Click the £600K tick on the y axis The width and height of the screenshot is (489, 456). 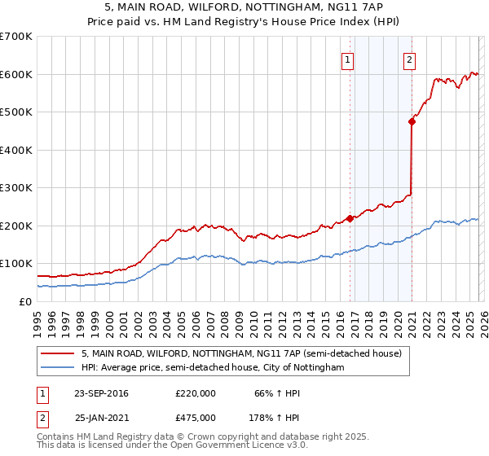click(16, 74)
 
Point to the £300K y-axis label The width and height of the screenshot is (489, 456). click(16, 187)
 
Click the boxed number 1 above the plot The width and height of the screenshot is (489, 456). click(347, 59)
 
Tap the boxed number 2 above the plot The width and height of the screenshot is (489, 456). click(408, 59)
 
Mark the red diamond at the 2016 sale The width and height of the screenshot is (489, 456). click(350, 217)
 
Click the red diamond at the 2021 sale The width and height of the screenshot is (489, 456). click(412, 121)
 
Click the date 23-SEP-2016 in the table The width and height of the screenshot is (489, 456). click(101, 393)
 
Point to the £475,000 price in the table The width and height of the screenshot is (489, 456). click(196, 417)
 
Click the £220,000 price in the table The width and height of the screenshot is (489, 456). click(196, 393)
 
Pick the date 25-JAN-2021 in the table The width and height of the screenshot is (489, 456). click(101, 417)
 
